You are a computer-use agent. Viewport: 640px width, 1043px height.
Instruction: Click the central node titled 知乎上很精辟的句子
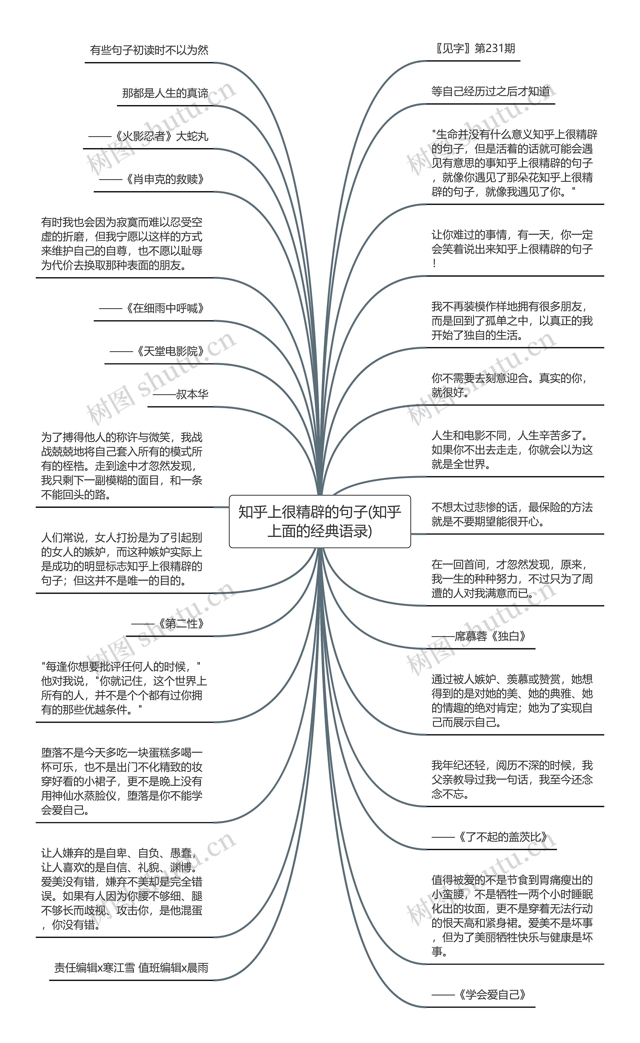tap(319, 521)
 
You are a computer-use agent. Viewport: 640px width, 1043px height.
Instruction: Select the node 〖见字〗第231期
tap(473, 49)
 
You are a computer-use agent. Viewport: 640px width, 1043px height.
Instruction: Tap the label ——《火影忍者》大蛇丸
tap(148, 136)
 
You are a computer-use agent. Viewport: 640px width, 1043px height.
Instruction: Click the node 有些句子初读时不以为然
tap(149, 50)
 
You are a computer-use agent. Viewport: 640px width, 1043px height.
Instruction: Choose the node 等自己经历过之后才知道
tap(490, 92)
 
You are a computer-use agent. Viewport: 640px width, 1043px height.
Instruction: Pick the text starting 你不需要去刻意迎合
tap(510, 385)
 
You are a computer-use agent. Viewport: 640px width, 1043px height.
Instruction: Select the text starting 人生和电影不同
tap(512, 450)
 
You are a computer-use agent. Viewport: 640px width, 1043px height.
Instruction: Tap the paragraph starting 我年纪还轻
tap(512, 780)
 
